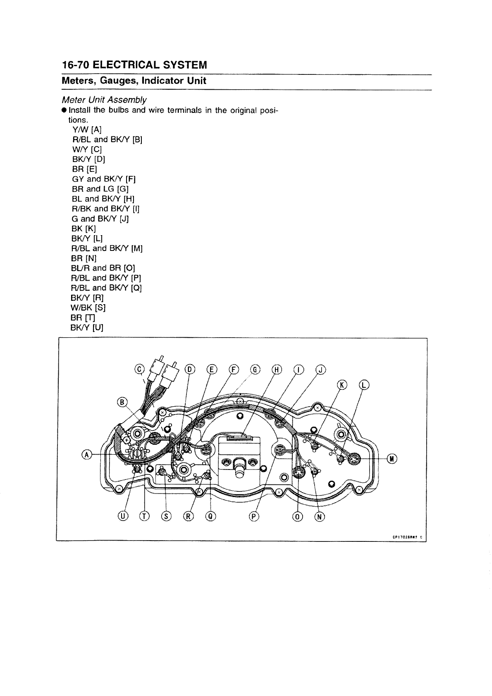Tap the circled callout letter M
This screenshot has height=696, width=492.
point(392,458)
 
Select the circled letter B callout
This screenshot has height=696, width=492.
point(123,402)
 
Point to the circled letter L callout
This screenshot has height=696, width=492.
point(364,385)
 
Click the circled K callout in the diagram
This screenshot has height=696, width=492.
point(342,385)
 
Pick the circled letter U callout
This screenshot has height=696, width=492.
point(123,516)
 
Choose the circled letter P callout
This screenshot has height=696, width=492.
point(253,516)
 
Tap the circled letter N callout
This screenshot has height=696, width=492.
point(320,516)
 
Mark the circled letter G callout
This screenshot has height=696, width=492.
point(255,369)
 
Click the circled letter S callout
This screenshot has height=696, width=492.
point(166,516)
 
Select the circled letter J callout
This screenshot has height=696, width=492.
point(320,369)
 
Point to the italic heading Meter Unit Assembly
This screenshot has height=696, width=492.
point(104,100)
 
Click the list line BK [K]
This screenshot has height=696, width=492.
point(84,229)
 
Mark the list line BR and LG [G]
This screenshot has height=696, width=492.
point(100,189)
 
